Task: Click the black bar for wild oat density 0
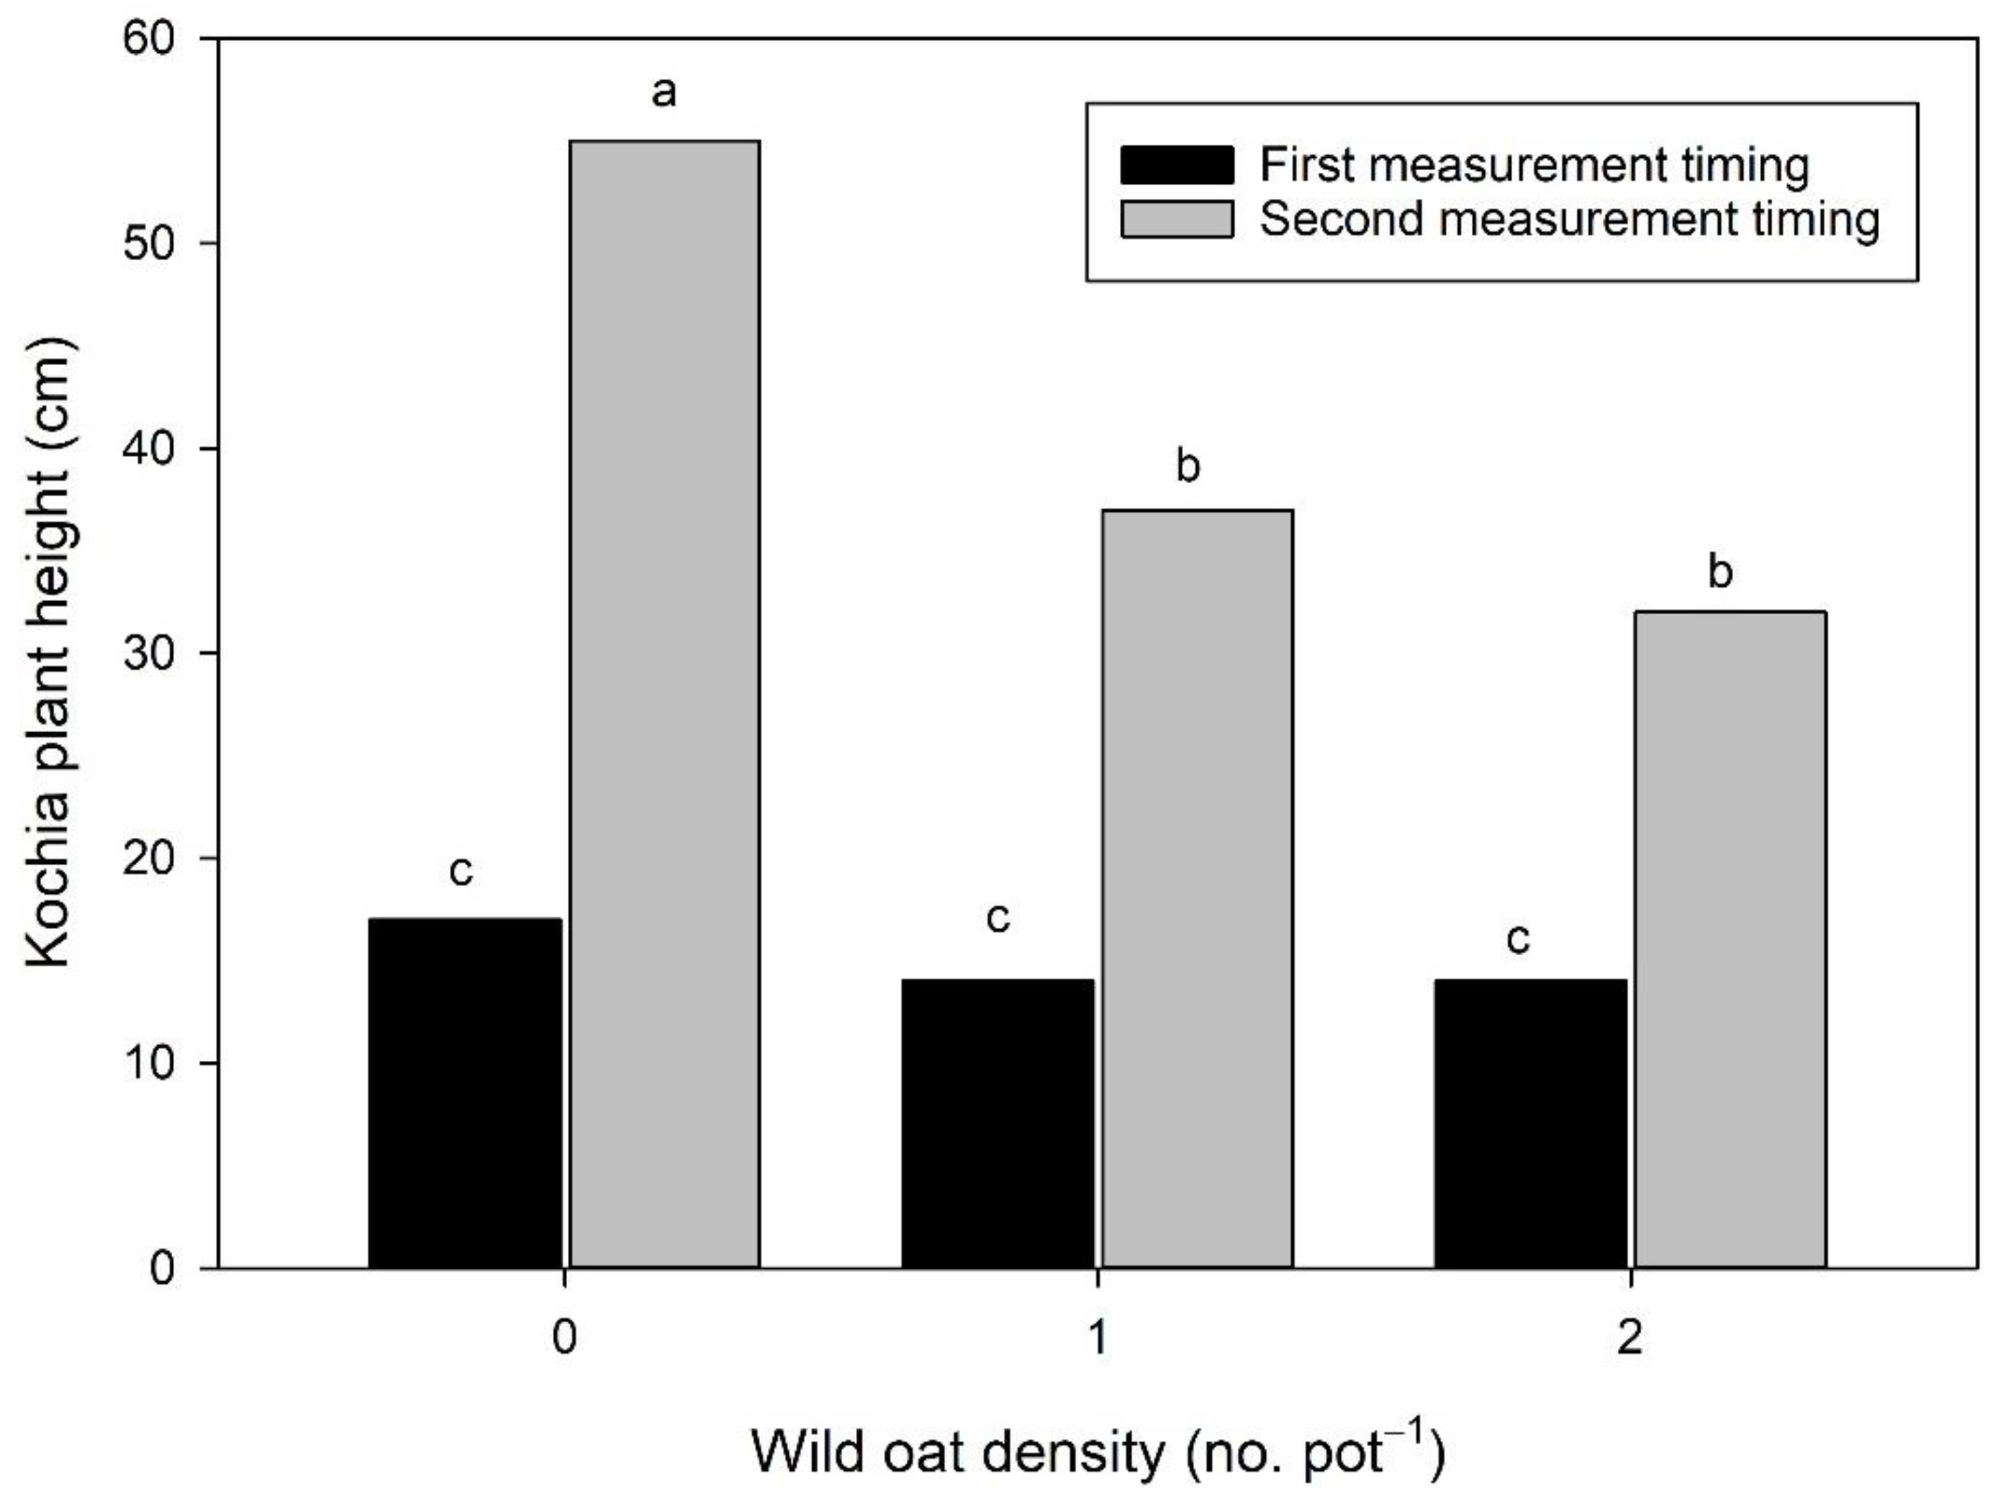(465, 1092)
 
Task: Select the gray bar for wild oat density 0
(665, 704)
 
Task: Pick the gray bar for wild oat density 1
(1198, 889)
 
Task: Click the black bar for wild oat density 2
(1531, 1123)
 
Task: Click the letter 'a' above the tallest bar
(664, 92)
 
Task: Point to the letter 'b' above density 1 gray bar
(1189, 465)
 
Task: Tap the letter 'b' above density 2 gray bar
(1720, 572)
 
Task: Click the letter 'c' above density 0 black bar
(460, 871)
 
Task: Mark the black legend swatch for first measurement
(1177, 165)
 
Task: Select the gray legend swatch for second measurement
(1177, 219)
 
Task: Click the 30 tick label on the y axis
(149, 653)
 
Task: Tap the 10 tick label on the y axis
(149, 1064)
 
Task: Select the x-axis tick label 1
(1097, 1339)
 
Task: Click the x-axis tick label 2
(1630, 1339)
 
